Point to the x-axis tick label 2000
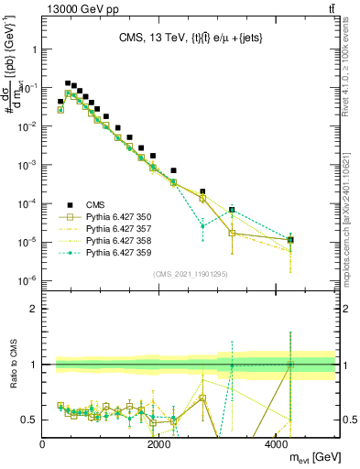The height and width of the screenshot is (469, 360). tap(159, 445)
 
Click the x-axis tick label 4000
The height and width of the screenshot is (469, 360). tap(277, 445)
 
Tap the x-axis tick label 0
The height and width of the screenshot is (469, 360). tap(43, 445)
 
